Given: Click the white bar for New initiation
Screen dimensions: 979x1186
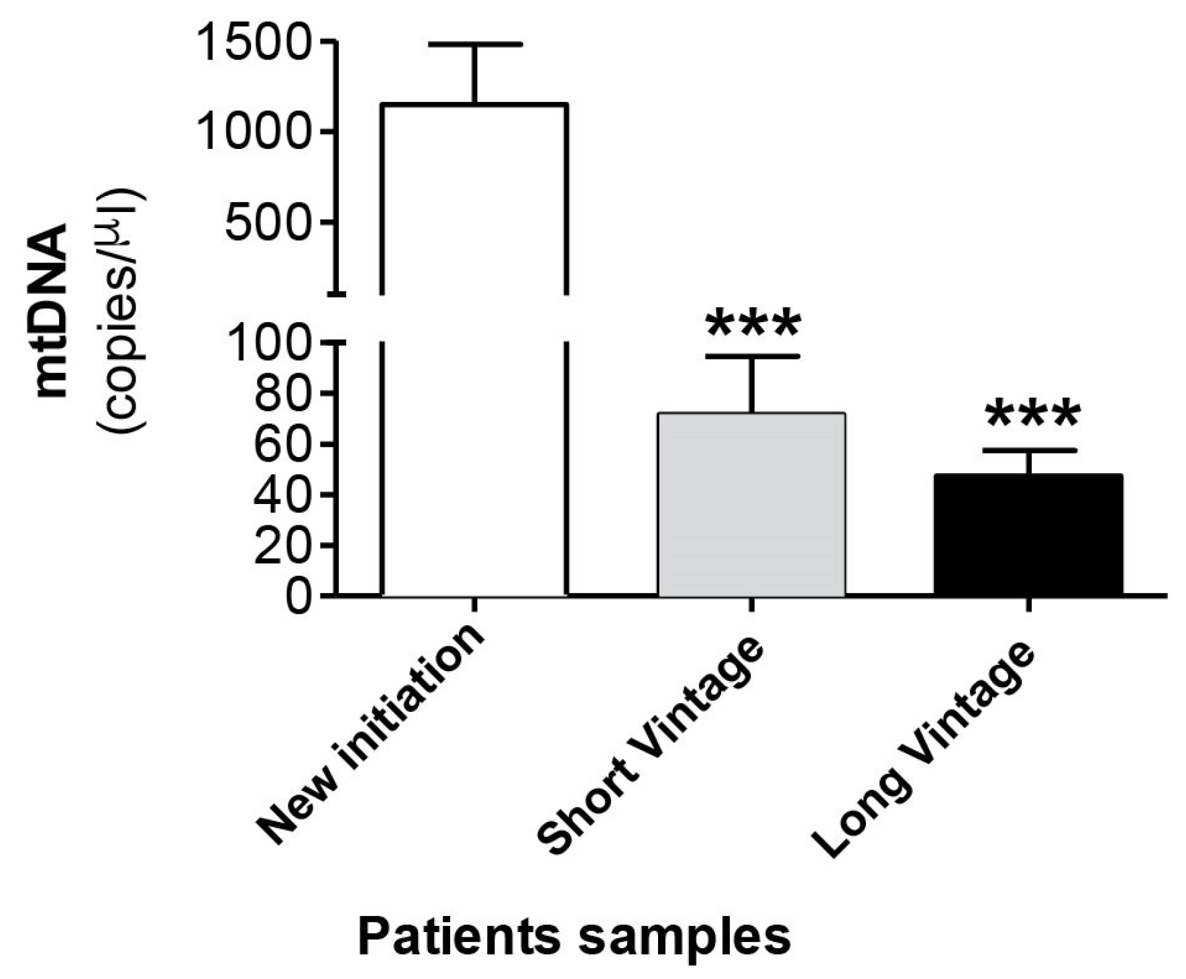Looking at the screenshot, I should coord(475,349).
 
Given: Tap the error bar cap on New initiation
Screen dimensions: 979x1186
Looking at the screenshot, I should coord(475,44).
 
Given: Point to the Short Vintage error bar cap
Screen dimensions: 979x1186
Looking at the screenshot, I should coord(752,356).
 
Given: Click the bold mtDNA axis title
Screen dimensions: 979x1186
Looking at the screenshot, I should coord(52,310).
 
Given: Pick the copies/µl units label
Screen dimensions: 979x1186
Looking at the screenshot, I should coord(122,310).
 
